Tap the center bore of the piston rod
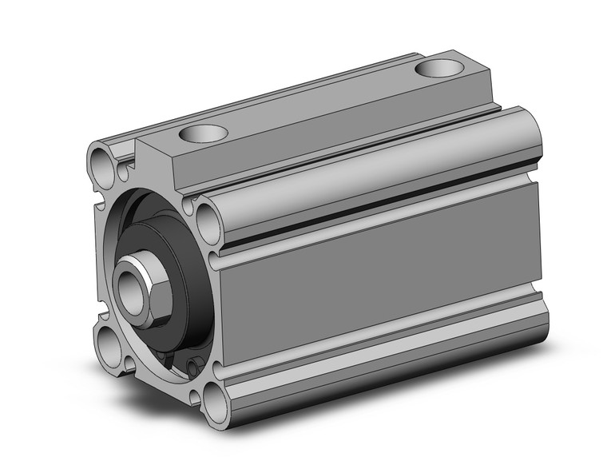click(128, 280)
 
